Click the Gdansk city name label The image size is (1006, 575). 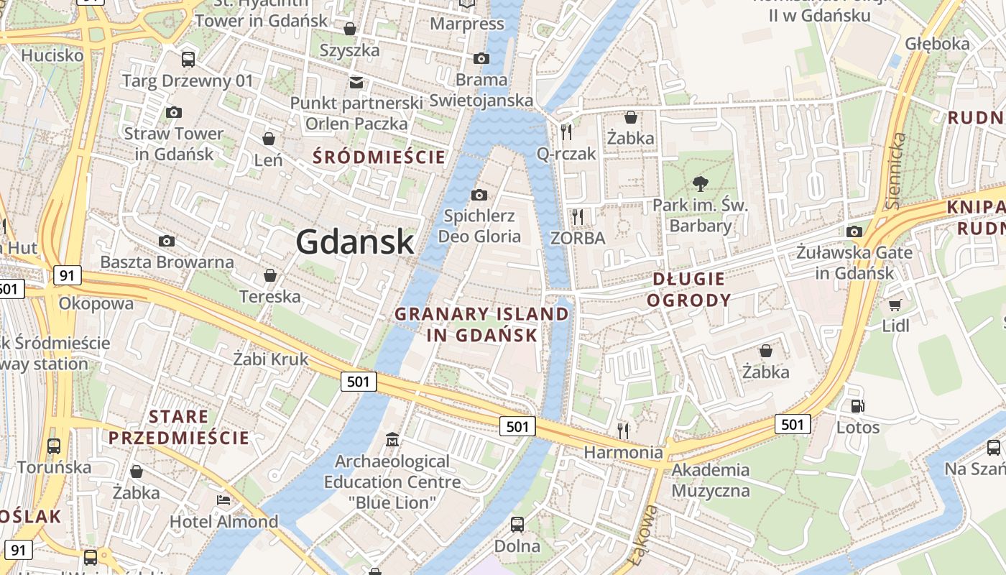tap(355, 242)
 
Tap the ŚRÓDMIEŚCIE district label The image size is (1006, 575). tap(379, 157)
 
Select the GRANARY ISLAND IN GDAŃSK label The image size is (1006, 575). tap(482, 325)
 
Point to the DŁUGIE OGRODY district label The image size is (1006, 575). tap(688, 290)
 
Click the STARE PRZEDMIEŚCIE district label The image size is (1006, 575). tap(179, 427)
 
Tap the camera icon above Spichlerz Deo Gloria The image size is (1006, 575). tap(479, 195)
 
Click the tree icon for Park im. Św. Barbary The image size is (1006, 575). tap(701, 184)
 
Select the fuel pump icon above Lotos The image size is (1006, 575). tap(857, 406)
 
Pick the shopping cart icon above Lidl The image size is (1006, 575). tap(895, 305)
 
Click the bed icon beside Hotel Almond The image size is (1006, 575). tap(223, 500)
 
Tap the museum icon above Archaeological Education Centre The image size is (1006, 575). tap(392, 439)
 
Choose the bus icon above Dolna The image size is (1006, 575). tap(517, 525)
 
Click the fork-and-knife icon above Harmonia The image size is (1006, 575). tap(623, 431)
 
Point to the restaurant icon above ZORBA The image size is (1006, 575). tap(578, 216)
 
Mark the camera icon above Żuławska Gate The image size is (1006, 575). tap(854, 231)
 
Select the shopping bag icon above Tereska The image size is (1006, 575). tap(270, 275)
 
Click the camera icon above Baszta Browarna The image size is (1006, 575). tap(167, 241)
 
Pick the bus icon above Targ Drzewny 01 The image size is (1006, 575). tap(188, 60)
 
